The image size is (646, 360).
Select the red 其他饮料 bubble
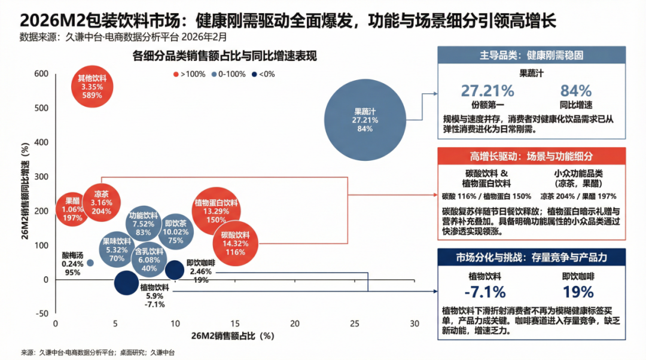point(93,86)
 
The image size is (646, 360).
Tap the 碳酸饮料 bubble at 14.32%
point(236,244)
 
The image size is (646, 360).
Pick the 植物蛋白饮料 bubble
point(216,210)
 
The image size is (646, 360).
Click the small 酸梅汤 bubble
point(90,263)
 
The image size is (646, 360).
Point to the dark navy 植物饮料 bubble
point(126,283)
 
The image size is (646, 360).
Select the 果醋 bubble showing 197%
point(72,209)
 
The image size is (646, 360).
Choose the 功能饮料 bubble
point(143,224)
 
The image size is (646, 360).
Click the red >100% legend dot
point(176,74)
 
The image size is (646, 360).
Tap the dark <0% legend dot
point(254,74)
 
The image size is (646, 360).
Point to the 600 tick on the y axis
point(41,74)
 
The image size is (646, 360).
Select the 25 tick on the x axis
point(354,323)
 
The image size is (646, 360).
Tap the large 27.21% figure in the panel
point(487,90)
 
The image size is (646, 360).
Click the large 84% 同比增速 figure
point(575,90)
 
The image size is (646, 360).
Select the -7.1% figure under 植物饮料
point(484,292)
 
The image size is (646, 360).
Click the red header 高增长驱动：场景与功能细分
point(531,156)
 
